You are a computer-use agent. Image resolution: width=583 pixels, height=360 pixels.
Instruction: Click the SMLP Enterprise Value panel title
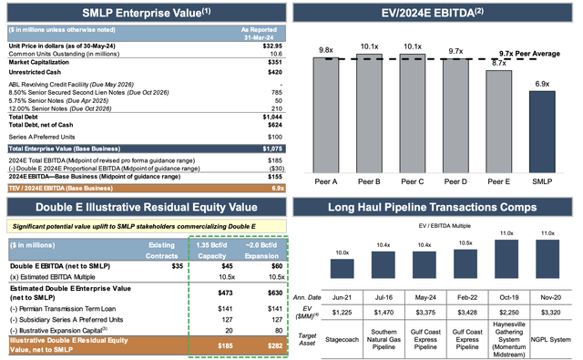tap(144, 12)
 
